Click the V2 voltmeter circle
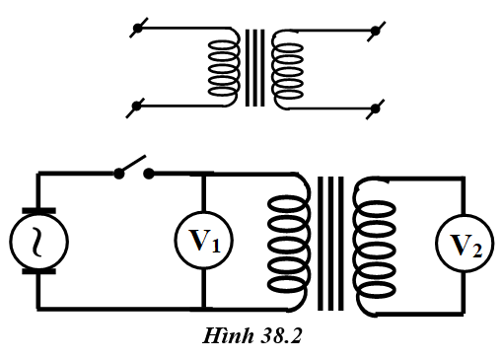(466, 244)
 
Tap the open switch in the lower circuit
(134, 168)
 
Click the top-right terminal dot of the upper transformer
(374, 33)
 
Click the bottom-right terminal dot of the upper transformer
(374, 106)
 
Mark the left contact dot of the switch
(117, 174)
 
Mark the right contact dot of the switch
(150, 174)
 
